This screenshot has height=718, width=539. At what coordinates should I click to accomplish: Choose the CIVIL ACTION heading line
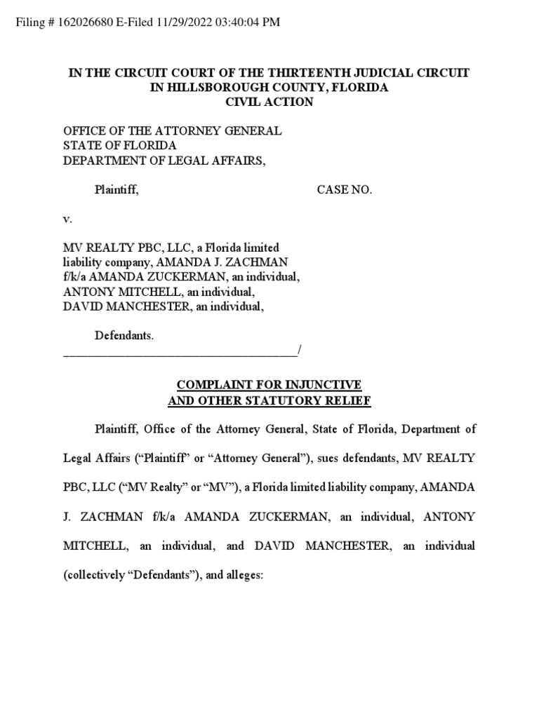coord(269,102)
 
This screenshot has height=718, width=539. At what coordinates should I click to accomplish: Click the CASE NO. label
coord(344,189)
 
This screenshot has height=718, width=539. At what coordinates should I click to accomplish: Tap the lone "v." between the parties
coord(68,219)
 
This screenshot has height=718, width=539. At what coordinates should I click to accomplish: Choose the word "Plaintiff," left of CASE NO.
coord(117,189)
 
